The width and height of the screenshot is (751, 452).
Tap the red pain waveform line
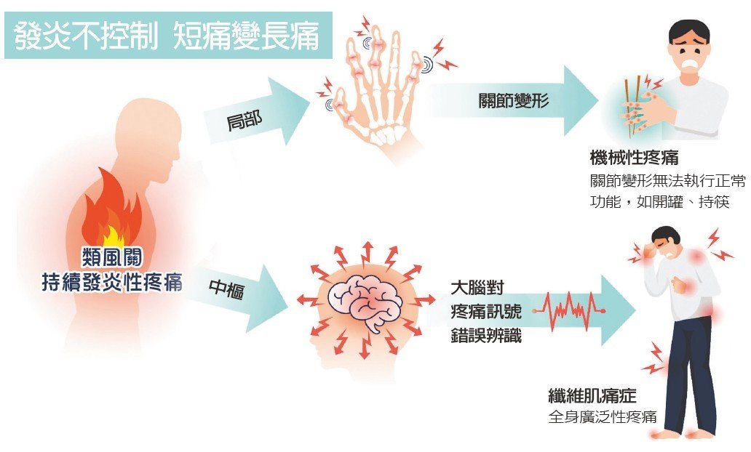pyautogui.click(x=568, y=309)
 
